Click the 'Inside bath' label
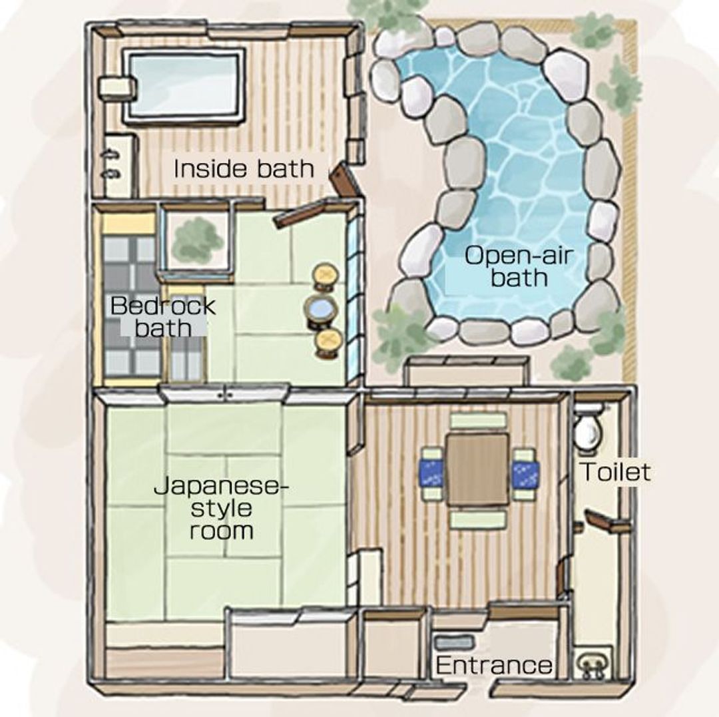244,168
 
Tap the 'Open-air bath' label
519,266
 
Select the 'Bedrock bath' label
163,317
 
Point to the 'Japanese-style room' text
222,508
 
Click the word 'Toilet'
615,472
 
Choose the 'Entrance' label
494,664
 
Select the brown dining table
478,469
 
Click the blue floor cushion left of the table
431,473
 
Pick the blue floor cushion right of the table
525,473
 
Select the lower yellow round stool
328,342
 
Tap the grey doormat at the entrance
453,642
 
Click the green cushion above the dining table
478,420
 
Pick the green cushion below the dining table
478,520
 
